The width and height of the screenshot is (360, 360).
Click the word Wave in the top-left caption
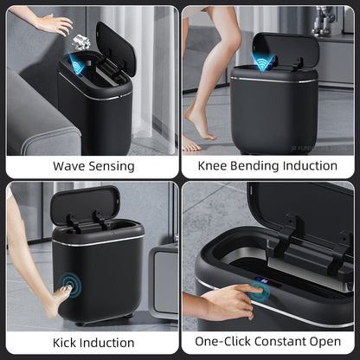click(68, 166)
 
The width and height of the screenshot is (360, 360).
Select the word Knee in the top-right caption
click(215, 166)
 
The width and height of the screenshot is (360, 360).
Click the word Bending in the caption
click(259, 166)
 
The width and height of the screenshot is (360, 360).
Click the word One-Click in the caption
click(222, 344)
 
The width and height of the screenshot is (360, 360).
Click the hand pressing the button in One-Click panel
click(227, 300)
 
